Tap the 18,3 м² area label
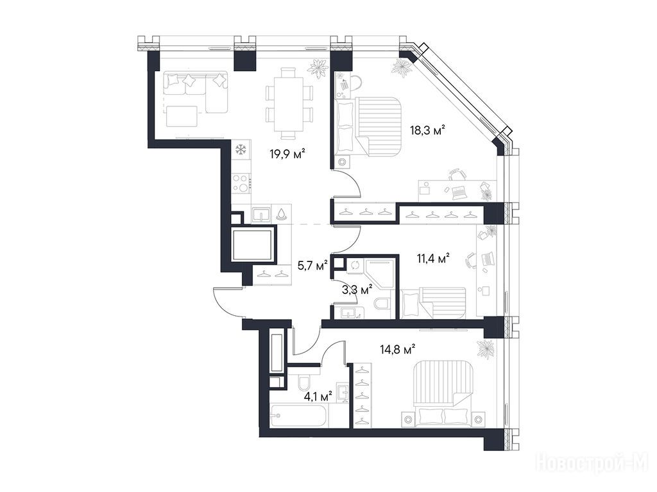[427, 130]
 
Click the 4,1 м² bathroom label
[318, 395]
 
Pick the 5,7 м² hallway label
[312, 265]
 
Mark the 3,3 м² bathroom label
[357, 289]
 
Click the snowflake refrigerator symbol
[241, 150]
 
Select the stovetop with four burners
[241, 183]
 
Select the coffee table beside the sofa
[182, 117]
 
